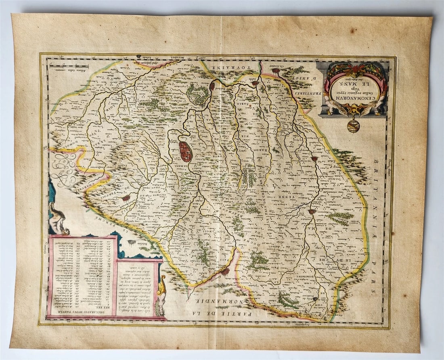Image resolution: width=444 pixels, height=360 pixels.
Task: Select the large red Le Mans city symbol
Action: pos(185,151)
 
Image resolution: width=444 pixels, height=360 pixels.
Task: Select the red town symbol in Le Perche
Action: pos(126,198)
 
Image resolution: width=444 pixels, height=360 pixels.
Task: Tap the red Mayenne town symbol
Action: pos(312,211)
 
